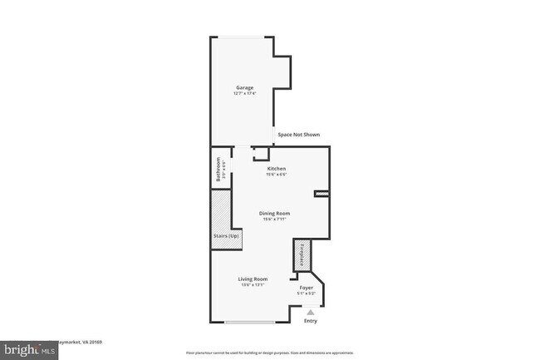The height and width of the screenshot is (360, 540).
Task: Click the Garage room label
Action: point(243,87)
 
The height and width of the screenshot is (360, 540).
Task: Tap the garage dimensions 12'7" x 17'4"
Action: point(243,94)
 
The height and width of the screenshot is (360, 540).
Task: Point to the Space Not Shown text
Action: point(298,135)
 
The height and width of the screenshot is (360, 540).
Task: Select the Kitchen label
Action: point(276,168)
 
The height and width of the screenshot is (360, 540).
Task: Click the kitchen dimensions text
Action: point(276,175)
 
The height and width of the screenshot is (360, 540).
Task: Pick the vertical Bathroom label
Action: point(218,169)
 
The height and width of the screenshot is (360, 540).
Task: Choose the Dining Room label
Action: point(276,213)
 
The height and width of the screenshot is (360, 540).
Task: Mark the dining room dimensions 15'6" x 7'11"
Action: point(276,219)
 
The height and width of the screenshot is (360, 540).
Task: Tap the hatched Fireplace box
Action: point(301,256)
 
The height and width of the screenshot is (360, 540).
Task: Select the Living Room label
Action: point(253,279)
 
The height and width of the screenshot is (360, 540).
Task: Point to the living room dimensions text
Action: point(253,285)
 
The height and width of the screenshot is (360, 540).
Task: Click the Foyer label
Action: point(306,287)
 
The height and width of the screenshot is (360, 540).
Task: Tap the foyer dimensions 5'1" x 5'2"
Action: point(306,293)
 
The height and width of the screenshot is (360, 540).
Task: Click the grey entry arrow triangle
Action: point(311,312)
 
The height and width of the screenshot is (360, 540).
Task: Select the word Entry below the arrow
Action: point(311,321)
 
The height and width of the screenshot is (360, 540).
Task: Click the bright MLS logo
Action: point(29,350)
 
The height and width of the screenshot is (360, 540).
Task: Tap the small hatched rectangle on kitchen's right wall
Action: point(322,194)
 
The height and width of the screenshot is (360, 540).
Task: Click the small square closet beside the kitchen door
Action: point(261,154)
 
